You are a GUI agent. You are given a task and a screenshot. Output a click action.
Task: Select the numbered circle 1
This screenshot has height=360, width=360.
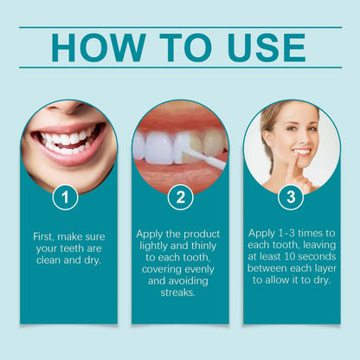pos(65,197)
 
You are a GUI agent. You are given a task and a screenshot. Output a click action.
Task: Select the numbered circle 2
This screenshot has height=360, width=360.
pos(179,197)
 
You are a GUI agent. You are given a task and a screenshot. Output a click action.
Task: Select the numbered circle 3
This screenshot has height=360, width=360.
pos(292,197)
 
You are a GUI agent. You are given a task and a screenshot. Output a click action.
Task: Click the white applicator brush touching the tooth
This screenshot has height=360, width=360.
pos(206,157)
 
